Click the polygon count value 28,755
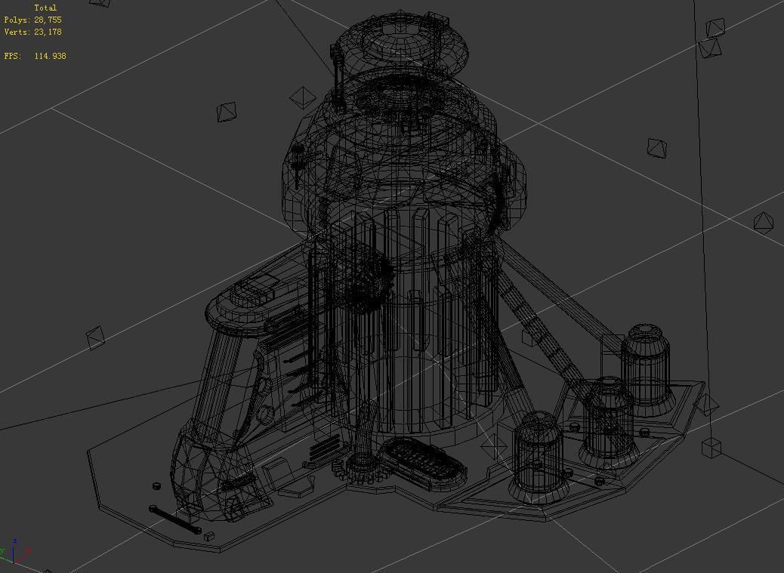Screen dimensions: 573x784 coord(48,20)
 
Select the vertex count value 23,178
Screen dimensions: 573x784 coord(48,32)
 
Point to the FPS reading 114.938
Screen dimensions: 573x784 coord(50,56)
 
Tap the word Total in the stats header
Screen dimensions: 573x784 coord(45,8)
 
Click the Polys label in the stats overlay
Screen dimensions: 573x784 coord(17,20)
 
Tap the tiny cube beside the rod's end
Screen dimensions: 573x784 coord(209,536)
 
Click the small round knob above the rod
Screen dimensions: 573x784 coord(156,486)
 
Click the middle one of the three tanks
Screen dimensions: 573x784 coord(608,419)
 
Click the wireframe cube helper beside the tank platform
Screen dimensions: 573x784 coord(711,448)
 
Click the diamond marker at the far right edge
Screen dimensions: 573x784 coord(764,223)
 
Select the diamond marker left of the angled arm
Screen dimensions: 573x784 coord(95,337)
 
